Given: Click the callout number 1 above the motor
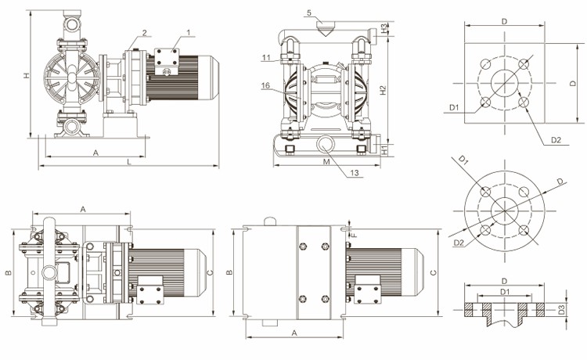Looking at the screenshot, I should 189,32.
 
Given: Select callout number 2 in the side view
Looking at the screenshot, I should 145,32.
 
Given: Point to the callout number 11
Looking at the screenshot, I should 267,57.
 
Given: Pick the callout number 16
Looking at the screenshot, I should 266,85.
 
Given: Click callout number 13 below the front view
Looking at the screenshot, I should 355,173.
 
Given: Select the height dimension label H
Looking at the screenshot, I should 26,76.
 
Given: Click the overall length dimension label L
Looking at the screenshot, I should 128,161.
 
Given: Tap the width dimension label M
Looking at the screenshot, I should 325,161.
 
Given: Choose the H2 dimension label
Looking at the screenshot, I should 383,89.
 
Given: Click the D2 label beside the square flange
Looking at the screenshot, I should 556,140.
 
